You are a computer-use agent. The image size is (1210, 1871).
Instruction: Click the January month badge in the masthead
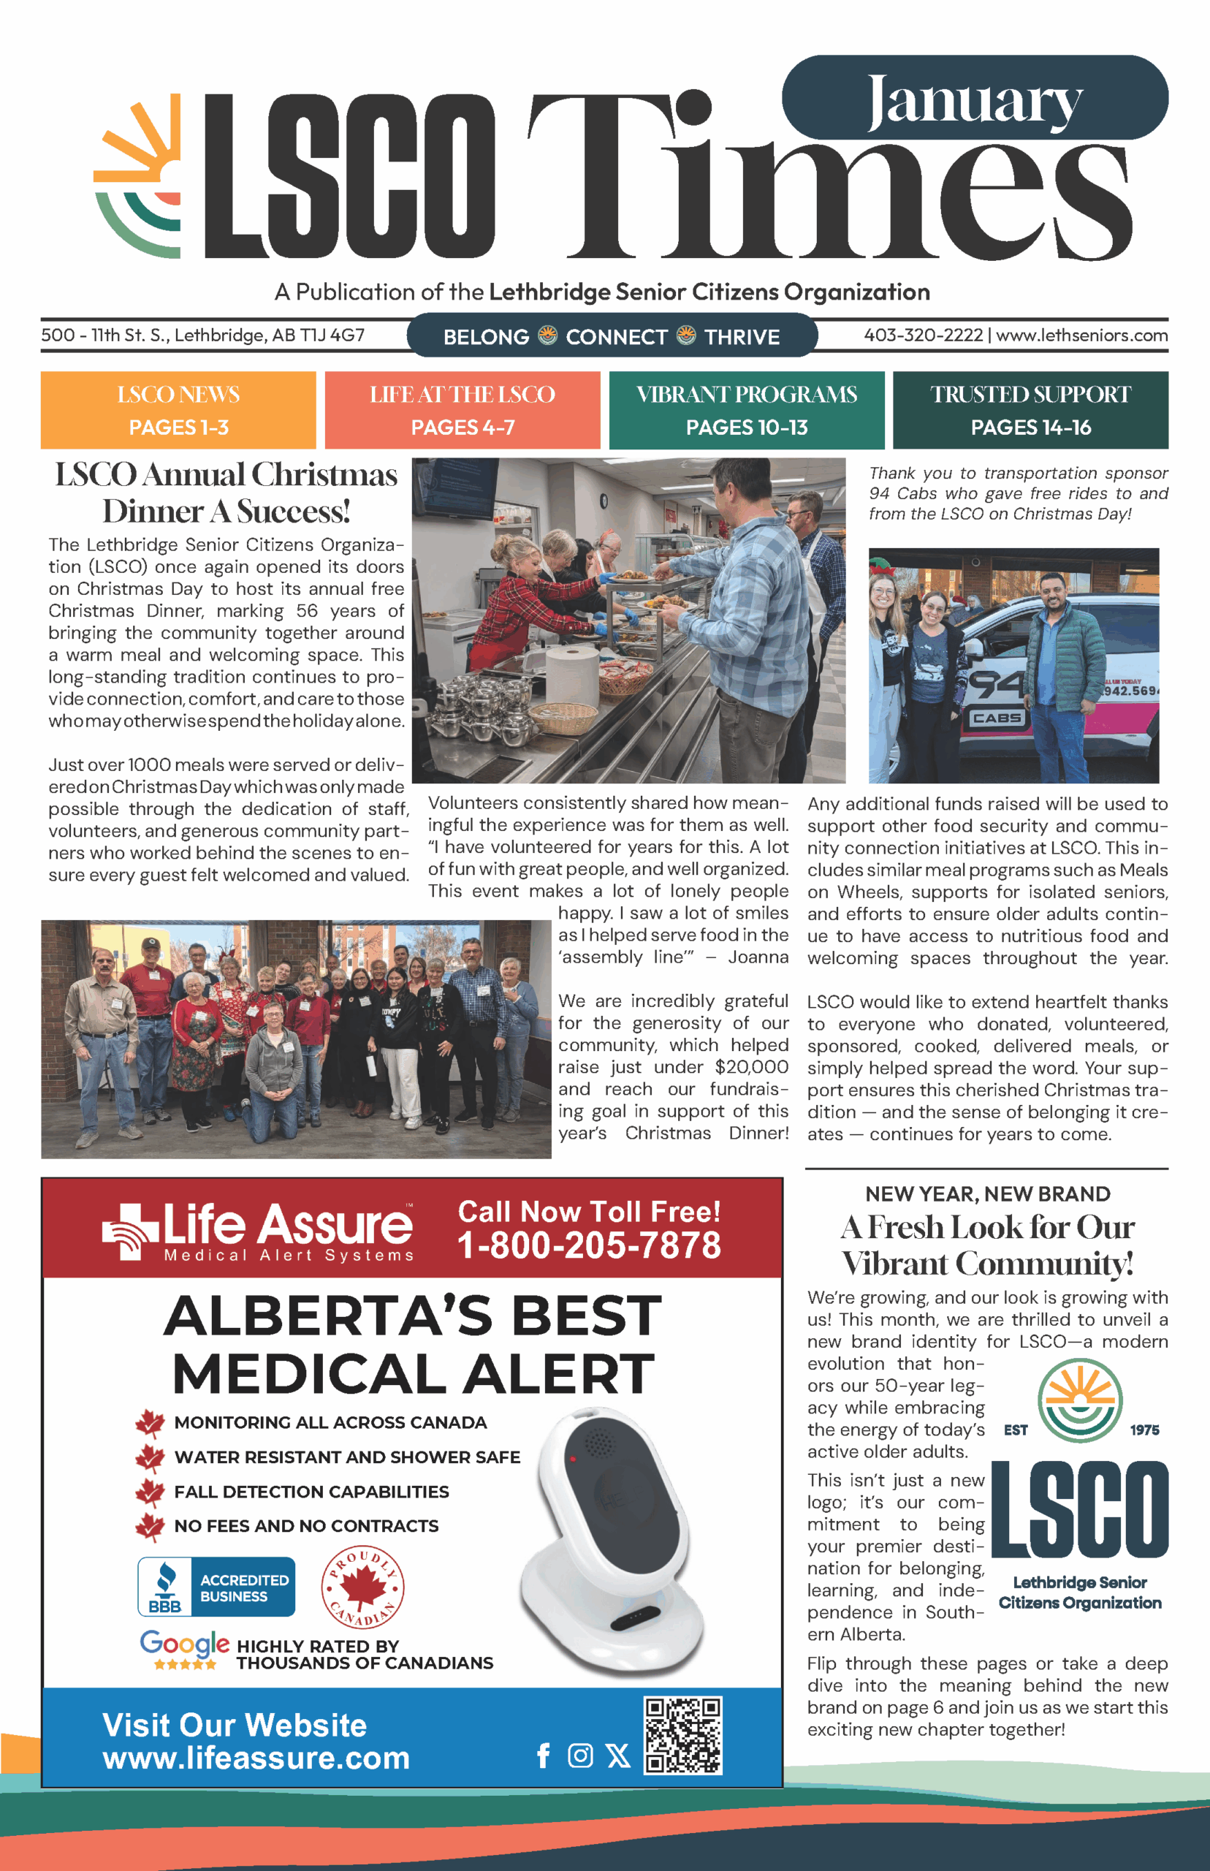click(x=974, y=99)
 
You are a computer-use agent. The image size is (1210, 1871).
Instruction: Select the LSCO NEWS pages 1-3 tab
click(x=178, y=410)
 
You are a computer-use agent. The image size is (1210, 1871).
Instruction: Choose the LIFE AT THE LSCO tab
click(x=462, y=410)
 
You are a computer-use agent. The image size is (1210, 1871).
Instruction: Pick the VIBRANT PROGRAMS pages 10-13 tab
click(x=747, y=410)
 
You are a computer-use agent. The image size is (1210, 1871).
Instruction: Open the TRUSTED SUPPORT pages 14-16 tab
click(x=1030, y=410)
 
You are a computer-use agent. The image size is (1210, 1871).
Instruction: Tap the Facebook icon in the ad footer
click(x=543, y=1756)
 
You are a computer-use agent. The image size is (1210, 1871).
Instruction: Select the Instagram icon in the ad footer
click(x=580, y=1756)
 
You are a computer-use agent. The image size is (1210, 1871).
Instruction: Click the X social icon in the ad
click(x=618, y=1756)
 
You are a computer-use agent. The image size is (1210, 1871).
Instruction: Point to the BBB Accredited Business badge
click(x=216, y=1587)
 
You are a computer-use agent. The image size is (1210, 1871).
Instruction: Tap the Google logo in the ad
click(x=185, y=1642)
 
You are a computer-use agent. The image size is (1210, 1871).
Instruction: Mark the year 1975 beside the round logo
click(x=1144, y=1430)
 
